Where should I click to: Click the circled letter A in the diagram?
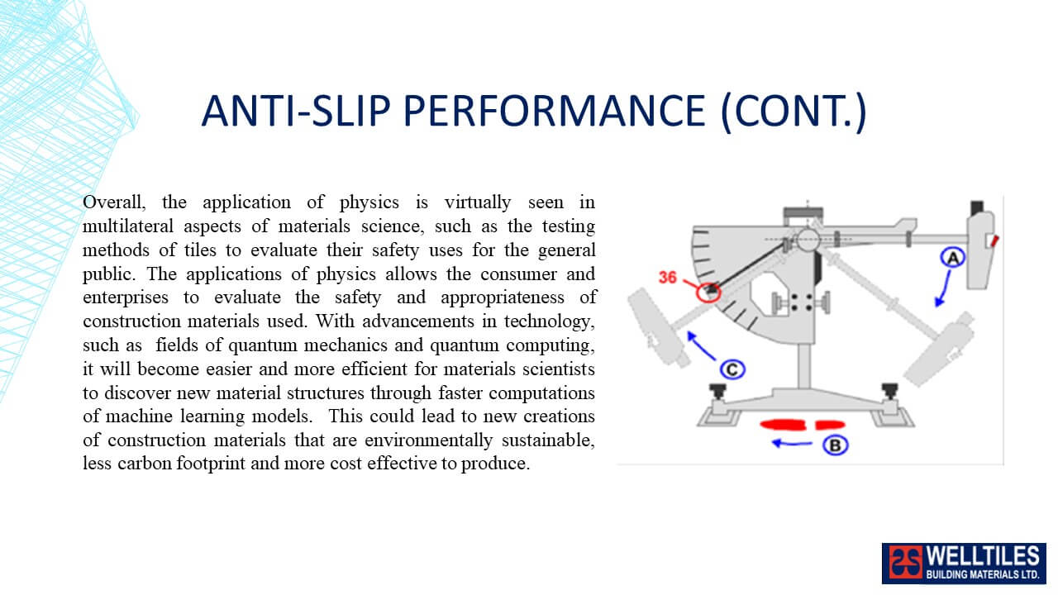pyautogui.click(x=953, y=257)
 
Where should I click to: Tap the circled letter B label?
pyautogui.click(x=836, y=445)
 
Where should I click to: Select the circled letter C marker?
pyautogui.click(x=732, y=369)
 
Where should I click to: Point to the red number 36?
pyautogui.click(x=667, y=277)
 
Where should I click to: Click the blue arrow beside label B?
pyautogui.click(x=792, y=444)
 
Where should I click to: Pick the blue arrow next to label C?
pyautogui.click(x=701, y=345)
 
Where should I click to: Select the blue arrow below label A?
pyautogui.click(x=943, y=289)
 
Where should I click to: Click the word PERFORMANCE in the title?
pyautogui.click(x=554, y=111)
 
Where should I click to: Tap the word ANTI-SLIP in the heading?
pyautogui.click(x=296, y=111)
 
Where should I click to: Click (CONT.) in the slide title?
pyautogui.click(x=793, y=112)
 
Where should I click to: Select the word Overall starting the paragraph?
pyautogui.click(x=114, y=202)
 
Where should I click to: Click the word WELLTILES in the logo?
pyautogui.click(x=983, y=556)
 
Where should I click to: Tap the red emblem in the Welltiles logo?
pyautogui.click(x=905, y=563)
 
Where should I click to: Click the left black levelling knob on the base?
pyautogui.click(x=717, y=392)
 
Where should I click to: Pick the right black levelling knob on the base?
pyautogui.click(x=890, y=392)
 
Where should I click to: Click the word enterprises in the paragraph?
pyautogui.click(x=125, y=298)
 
